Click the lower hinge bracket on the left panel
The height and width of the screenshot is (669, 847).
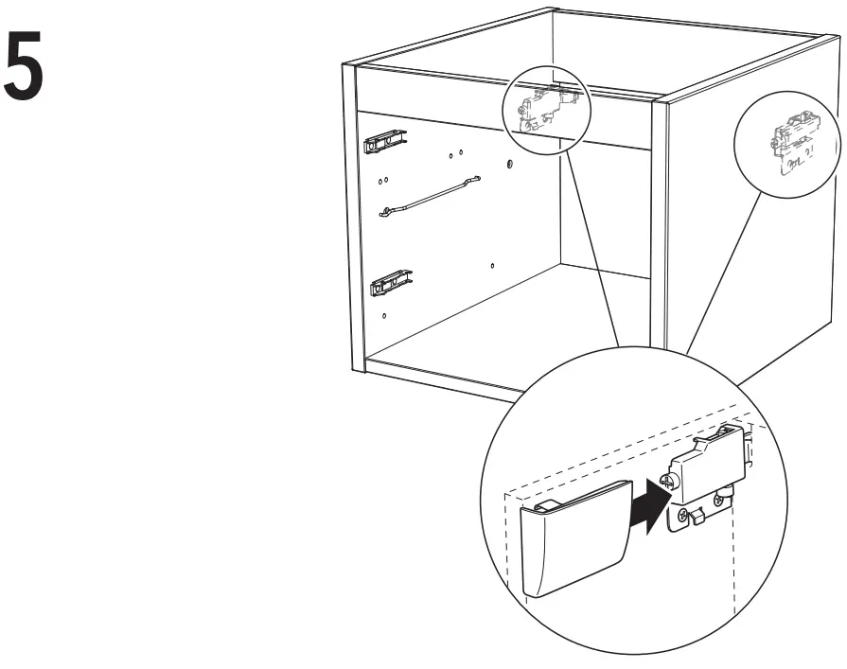(x=391, y=281)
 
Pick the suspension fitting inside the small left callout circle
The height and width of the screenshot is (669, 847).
(x=544, y=110)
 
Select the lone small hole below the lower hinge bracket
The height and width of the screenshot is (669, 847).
(x=385, y=314)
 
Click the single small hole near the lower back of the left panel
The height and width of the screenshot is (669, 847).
(x=492, y=266)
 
